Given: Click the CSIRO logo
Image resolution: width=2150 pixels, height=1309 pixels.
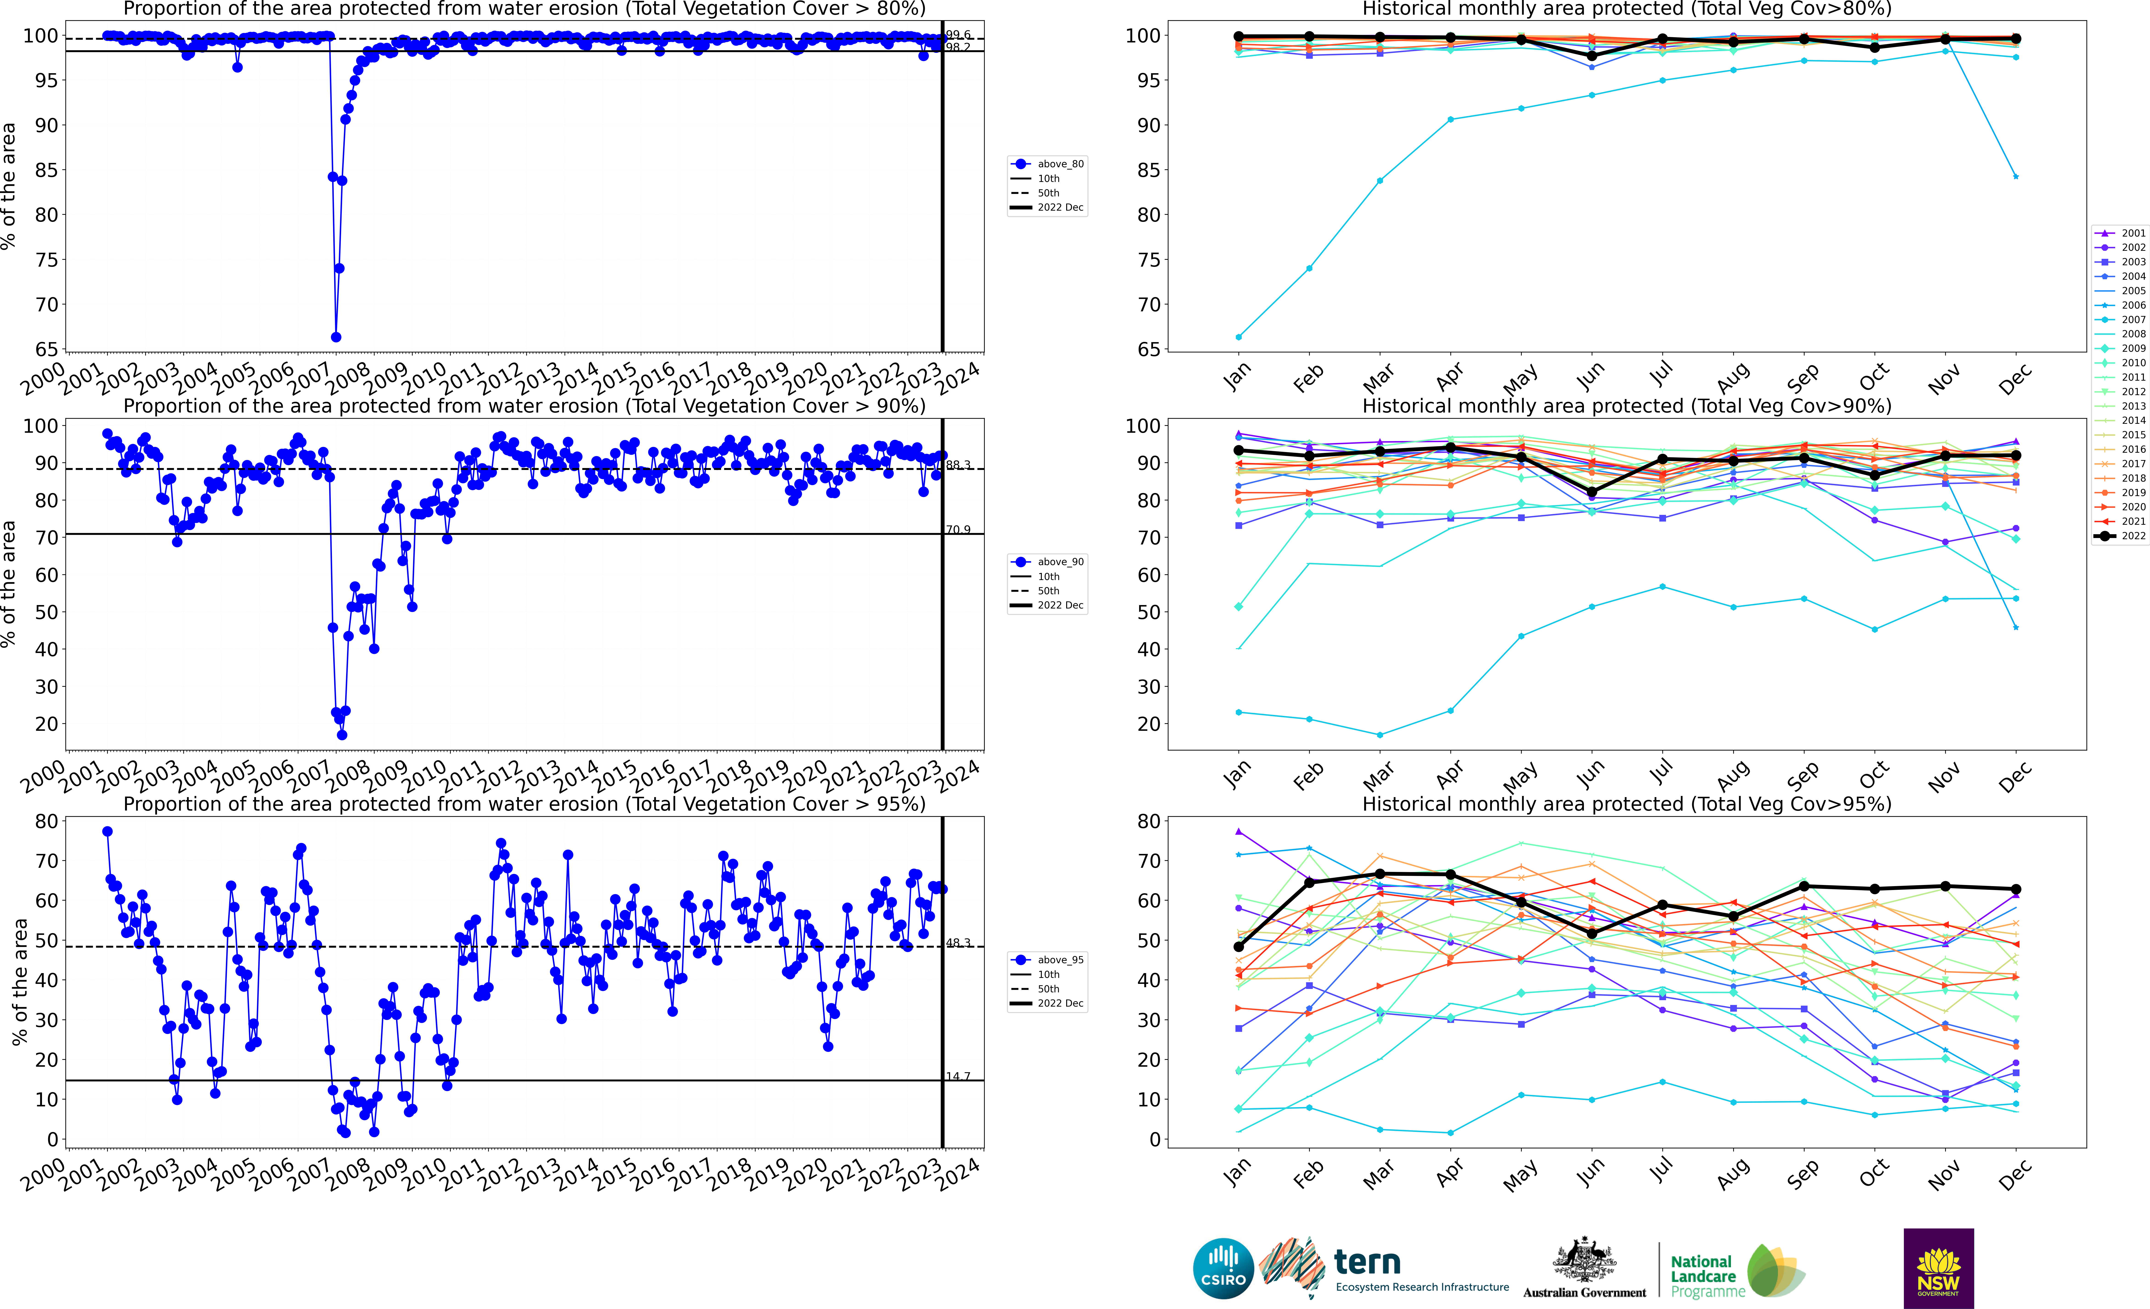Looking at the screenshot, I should [1222, 1268].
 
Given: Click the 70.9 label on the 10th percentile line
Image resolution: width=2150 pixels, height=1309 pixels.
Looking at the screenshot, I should [958, 530].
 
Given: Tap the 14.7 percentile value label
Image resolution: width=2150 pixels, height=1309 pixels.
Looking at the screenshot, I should [958, 1076].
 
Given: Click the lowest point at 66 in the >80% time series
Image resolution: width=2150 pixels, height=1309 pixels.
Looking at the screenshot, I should [336, 337].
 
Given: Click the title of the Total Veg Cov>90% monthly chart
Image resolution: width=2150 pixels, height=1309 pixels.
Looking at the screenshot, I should [1627, 406].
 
